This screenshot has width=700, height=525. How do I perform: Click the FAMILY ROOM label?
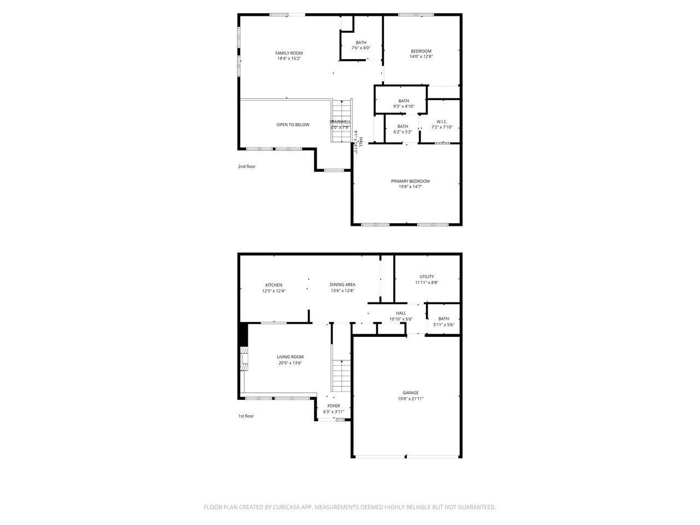point(289,53)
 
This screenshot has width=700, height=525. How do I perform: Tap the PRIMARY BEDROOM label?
point(410,181)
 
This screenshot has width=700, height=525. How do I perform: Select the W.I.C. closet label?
point(442,121)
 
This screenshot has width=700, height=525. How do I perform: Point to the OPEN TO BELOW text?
point(293,125)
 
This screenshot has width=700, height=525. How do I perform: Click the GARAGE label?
point(411,393)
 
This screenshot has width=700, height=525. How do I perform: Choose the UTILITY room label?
point(427,277)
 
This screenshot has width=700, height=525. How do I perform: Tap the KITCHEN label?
point(273,285)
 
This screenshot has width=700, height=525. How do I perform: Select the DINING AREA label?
point(342,284)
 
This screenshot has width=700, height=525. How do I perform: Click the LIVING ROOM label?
point(290,357)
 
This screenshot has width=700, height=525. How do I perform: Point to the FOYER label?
point(334,406)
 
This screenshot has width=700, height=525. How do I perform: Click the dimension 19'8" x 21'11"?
point(411,399)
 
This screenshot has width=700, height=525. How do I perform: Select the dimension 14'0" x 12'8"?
point(421,56)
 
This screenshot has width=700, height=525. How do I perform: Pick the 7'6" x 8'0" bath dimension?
point(361,48)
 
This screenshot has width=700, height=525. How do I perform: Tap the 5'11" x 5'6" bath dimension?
point(444,325)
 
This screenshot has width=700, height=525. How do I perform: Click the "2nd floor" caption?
point(247,166)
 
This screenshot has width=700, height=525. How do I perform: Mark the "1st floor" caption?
point(246,416)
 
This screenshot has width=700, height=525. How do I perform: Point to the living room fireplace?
point(244,359)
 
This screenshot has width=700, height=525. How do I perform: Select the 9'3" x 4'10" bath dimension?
point(404,107)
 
